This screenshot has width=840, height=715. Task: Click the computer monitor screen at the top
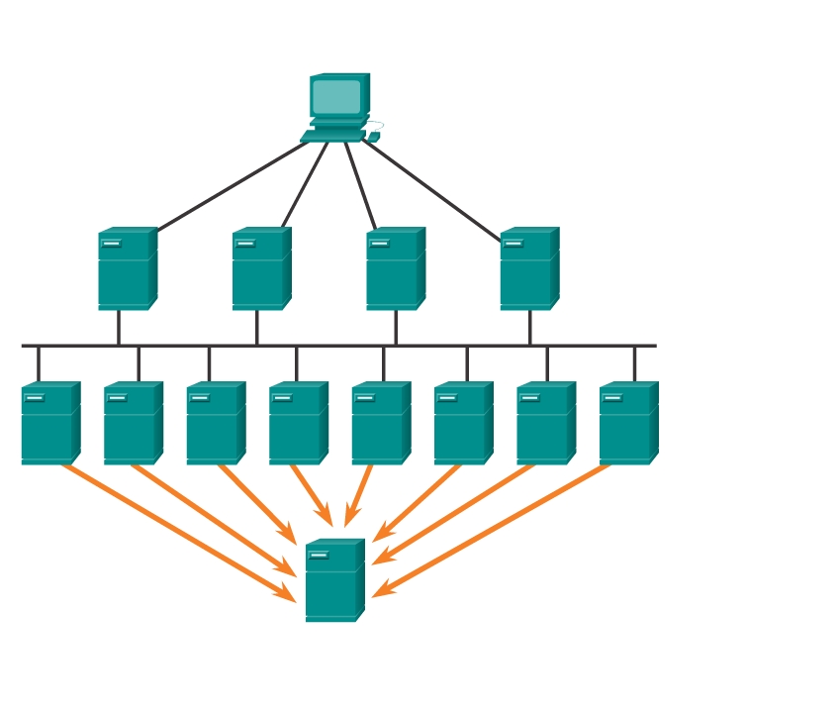click(336, 97)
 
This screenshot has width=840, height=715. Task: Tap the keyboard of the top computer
click(332, 136)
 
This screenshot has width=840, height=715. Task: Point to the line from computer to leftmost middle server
click(233, 186)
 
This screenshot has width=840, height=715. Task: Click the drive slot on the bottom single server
click(319, 556)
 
